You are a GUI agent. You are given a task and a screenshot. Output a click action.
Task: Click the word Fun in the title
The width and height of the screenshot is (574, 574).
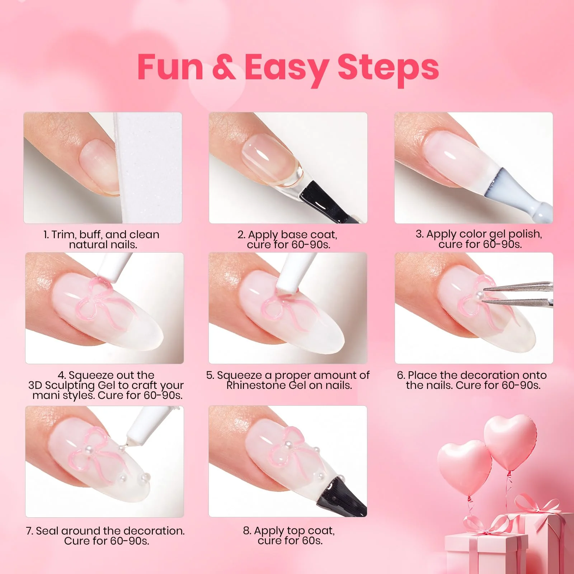tap(170, 67)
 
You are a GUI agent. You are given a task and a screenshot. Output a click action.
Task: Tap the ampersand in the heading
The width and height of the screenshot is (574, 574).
tap(224, 67)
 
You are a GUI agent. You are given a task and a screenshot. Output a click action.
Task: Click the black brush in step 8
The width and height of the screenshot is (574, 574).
tap(344, 497)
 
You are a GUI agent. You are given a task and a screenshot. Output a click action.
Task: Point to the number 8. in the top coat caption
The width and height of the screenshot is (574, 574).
tap(247, 531)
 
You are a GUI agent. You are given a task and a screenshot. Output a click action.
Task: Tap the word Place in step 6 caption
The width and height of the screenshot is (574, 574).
tap(423, 375)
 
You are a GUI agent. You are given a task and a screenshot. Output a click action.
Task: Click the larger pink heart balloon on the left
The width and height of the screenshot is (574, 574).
tap(464, 466)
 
